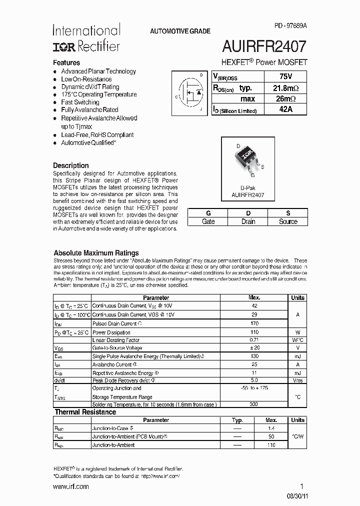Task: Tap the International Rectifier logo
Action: tap(86, 38)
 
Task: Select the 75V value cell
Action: tap(285, 76)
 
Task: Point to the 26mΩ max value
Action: tap(285, 98)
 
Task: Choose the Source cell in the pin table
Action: tap(288, 221)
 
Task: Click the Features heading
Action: tap(66, 63)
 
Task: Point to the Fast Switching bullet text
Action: tap(80, 102)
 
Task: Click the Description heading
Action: tap(71, 165)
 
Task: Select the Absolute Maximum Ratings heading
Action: tap(96, 253)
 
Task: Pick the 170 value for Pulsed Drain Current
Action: tap(254, 323)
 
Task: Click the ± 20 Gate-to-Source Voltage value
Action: tap(254, 347)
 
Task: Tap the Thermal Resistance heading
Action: tap(85, 412)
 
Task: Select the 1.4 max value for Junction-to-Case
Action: tap(271, 428)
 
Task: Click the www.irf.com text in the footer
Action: tap(70, 486)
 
